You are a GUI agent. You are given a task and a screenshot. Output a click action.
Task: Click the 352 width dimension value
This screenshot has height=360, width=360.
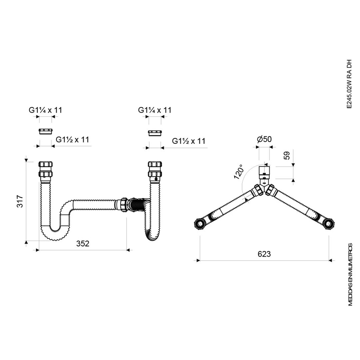pos(83,244)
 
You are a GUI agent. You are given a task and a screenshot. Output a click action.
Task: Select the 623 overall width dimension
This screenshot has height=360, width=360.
pos(264,254)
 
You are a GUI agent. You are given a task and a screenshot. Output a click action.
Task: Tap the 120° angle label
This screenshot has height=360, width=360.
pos(239,172)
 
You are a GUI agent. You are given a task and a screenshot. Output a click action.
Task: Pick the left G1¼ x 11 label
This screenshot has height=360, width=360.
pos(45,110)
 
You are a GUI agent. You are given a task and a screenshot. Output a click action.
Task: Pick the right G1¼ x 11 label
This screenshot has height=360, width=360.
pos(155,110)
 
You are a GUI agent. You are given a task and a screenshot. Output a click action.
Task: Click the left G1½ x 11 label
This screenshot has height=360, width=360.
pos(72,140)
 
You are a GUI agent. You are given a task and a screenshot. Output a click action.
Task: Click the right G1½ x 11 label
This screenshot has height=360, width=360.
pos(189,141)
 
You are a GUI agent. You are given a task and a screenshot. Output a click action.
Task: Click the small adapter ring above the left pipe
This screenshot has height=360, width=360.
pos(45,130)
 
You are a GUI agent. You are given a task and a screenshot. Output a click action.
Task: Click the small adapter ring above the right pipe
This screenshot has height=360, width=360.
pos(155,133)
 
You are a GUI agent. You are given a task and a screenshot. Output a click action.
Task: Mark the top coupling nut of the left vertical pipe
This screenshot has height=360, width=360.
pos(46,165)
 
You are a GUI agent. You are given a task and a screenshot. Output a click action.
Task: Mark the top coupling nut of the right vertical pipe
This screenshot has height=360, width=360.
pos(155,165)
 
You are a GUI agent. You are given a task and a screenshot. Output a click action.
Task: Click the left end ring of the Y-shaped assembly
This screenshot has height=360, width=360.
pos(200,223)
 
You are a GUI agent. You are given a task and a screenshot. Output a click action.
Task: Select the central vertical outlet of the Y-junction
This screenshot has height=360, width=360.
pos(264,173)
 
